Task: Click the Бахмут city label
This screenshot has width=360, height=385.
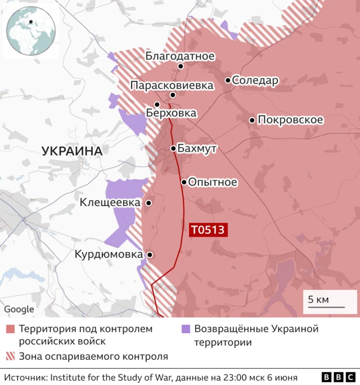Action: (197, 149)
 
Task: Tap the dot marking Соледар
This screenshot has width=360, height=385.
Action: (228, 80)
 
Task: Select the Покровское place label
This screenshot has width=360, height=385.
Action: (290, 120)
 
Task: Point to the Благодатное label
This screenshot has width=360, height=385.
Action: (179, 56)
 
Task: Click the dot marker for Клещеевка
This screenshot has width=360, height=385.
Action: (148, 203)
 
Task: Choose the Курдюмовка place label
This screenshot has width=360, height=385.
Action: (109, 255)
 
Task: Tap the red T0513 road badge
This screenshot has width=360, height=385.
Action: (208, 229)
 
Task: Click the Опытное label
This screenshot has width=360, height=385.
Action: (213, 182)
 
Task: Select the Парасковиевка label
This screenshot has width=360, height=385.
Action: (172, 86)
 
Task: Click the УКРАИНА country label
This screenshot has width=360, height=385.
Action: (71, 151)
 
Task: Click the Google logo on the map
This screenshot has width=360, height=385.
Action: (19, 309)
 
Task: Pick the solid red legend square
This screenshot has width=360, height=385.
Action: (10, 329)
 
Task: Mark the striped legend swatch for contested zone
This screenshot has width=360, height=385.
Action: (10, 356)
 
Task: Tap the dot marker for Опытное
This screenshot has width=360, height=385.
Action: (184, 182)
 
